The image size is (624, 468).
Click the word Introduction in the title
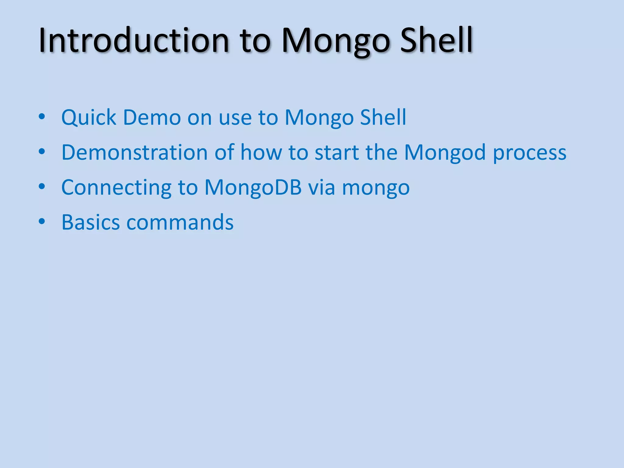(x=133, y=41)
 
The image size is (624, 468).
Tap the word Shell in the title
(x=436, y=41)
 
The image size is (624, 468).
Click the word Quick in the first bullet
(x=89, y=118)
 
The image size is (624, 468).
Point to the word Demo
(x=152, y=118)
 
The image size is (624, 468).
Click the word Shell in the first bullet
(x=383, y=118)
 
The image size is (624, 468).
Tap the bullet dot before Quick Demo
(x=42, y=117)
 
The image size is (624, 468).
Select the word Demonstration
(x=134, y=152)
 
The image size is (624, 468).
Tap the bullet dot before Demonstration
(x=42, y=151)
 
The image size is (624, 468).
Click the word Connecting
(x=116, y=188)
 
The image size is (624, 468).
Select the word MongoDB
(x=253, y=188)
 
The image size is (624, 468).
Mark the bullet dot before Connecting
(x=42, y=186)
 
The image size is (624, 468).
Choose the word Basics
(x=90, y=222)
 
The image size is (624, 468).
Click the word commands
(x=180, y=222)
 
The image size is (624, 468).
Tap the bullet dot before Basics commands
(x=42, y=222)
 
